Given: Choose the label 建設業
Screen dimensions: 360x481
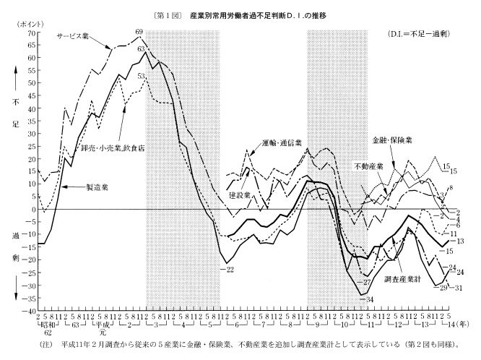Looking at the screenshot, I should pos(241,194).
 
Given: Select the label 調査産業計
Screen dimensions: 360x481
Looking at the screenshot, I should pos(405,280).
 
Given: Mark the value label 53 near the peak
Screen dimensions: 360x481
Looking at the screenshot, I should pos(142,75).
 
